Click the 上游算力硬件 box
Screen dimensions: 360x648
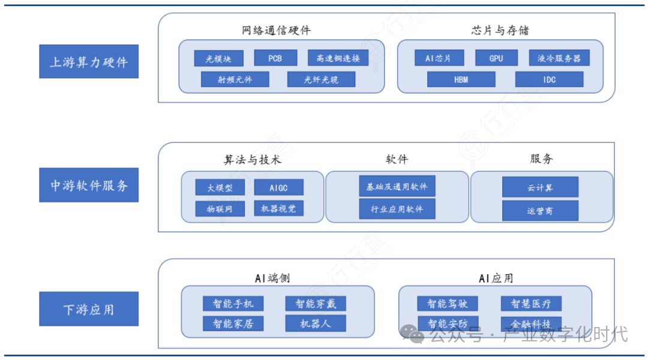(x=89, y=61)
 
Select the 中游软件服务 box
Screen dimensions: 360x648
(x=89, y=185)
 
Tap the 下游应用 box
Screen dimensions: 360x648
(x=89, y=309)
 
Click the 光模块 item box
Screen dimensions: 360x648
(x=218, y=58)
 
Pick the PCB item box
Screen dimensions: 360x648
(x=275, y=58)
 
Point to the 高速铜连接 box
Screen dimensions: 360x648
(x=338, y=58)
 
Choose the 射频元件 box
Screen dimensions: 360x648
(x=235, y=79)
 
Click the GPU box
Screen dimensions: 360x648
(x=496, y=58)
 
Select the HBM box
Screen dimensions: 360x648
(x=461, y=79)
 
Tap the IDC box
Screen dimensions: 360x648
(x=549, y=79)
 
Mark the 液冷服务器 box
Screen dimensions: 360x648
(x=559, y=58)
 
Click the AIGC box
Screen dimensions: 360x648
(x=278, y=187)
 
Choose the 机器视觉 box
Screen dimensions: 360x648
(x=278, y=208)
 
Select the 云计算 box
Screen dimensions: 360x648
(x=540, y=187)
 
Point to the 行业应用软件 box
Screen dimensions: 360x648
(x=397, y=209)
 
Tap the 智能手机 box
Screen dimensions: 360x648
(x=229, y=303)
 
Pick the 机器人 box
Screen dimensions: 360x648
(x=316, y=323)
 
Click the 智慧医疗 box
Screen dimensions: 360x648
(x=531, y=303)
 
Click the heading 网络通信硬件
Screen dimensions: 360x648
(x=277, y=31)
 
